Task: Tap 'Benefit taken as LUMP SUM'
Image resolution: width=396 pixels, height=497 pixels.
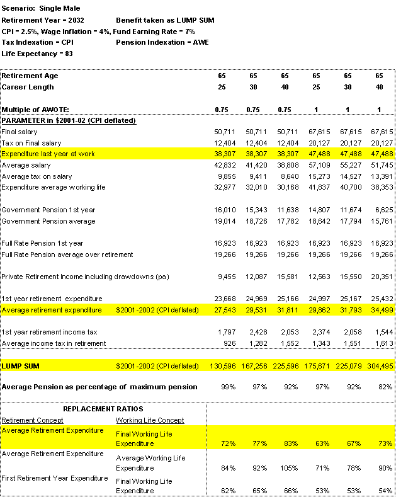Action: pos(165,20)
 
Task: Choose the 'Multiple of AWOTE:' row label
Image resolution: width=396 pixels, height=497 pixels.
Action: pos(35,110)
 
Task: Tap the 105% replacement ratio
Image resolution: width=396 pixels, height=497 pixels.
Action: pos(288,468)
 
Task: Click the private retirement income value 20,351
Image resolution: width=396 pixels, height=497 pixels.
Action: pos(381,277)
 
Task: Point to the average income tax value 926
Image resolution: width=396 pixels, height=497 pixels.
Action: pos(228,343)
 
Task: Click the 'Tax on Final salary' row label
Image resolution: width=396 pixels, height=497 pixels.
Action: pos(31,143)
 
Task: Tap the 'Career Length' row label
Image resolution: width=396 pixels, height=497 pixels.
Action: pos(28,87)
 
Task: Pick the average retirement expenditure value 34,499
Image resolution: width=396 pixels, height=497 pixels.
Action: pos(381,310)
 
